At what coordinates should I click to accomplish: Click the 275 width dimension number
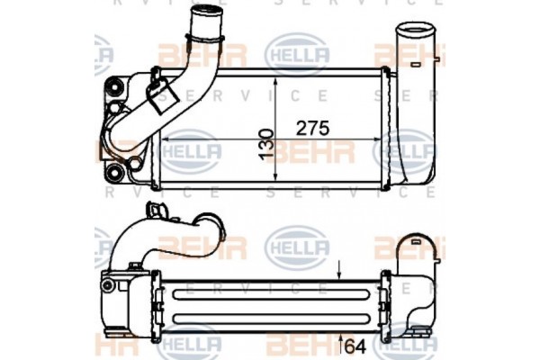click(312, 127)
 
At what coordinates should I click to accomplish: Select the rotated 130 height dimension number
click(267, 142)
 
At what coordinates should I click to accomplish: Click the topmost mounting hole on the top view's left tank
click(114, 87)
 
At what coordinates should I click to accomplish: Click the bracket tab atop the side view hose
click(158, 212)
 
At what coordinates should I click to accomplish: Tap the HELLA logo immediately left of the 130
click(192, 146)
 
